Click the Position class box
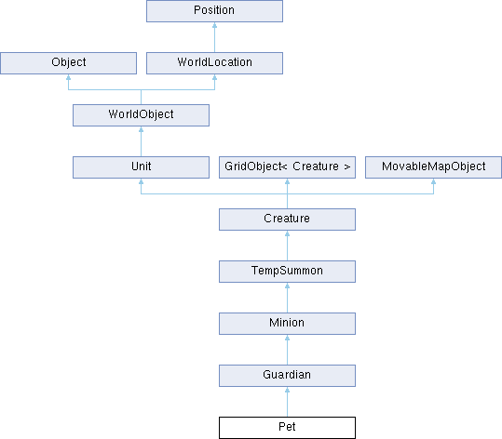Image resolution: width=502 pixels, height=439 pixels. pyautogui.click(x=214, y=11)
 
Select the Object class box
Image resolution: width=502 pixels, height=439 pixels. pyautogui.click(x=69, y=63)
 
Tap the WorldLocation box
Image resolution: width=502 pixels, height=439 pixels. pyautogui.click(x=214, y=63)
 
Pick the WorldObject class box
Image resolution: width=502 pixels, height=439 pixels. pyautogui.click(x=141, y=115)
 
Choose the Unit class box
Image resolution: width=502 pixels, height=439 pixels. pyautogui.click(x=141, y=167)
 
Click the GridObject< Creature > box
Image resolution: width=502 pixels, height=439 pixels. pyautogui.click(x=287, y=167)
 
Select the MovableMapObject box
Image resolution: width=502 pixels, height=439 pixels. pyautogui.click(x=433, y=167)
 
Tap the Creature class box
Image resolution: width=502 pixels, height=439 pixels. pyautogui.click(x=287, y=219)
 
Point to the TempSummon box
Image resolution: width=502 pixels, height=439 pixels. pyautogui.click(x=287, y=272)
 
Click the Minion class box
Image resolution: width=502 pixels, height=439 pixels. pyautogui.click(x=287, y=324)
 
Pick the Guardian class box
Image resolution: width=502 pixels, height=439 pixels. pyautogui.click(x=287, y=376)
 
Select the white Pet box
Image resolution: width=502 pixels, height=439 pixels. pyautogui.click(x=287, y=428)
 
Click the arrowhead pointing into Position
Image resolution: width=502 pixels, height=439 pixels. pyautogui.click(x=214, y=25)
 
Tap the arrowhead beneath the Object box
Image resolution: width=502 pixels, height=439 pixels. pyautogui.click(x=69, y=77)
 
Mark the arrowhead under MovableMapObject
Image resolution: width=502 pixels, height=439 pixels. pyautogui.click(x=433, y=181)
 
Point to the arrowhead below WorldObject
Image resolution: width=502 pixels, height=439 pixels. pyautogui.click(x=141, y=129)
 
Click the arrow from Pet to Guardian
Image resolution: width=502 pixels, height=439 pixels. pyautogui.click(x=287, y=402)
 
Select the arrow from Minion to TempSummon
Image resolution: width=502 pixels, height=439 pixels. pyautogui.click(x=287, y=298)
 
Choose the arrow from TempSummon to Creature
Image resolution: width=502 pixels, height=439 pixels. pyautogui.click(x=287, y=246)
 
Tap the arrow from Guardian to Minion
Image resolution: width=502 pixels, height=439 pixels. pyautogui.click(x=287, y=350)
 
